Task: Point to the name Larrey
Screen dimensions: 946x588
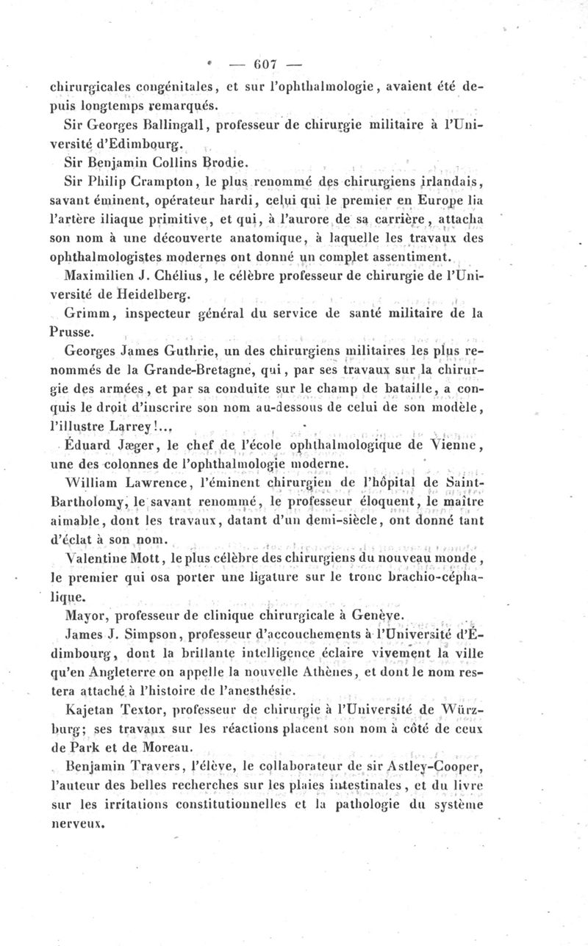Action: point(152,428)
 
